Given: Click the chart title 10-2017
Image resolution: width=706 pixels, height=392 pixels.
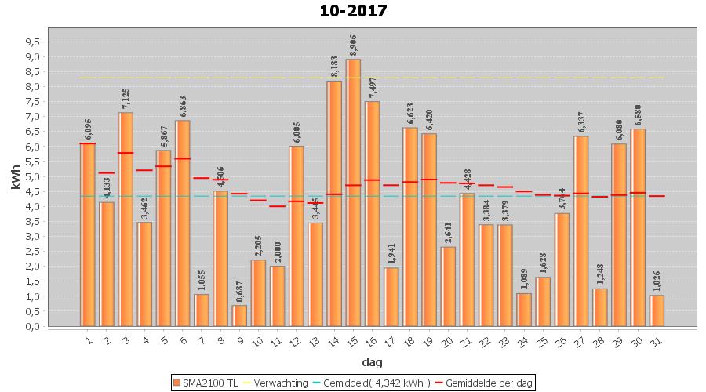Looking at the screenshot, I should click(x=353, y=11).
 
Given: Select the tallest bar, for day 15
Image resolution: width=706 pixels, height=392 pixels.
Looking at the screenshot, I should click(x=353, y=192).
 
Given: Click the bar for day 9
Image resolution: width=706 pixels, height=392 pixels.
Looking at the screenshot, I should click(x=239, y=315).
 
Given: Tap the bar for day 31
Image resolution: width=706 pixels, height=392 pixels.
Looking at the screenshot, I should click(x=657, y=310).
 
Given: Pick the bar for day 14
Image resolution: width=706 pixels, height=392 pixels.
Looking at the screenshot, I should click(x=334, y=203).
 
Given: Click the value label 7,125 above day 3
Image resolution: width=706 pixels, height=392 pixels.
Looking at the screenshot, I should click(x=126, y=98).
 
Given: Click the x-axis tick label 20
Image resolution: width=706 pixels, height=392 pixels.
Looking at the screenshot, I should click(x=448, y=341).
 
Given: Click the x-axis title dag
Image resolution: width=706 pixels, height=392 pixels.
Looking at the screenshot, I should click(x=372, y=361).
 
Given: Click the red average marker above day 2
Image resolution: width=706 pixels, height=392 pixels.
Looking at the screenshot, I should click(x=107, y=172).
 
